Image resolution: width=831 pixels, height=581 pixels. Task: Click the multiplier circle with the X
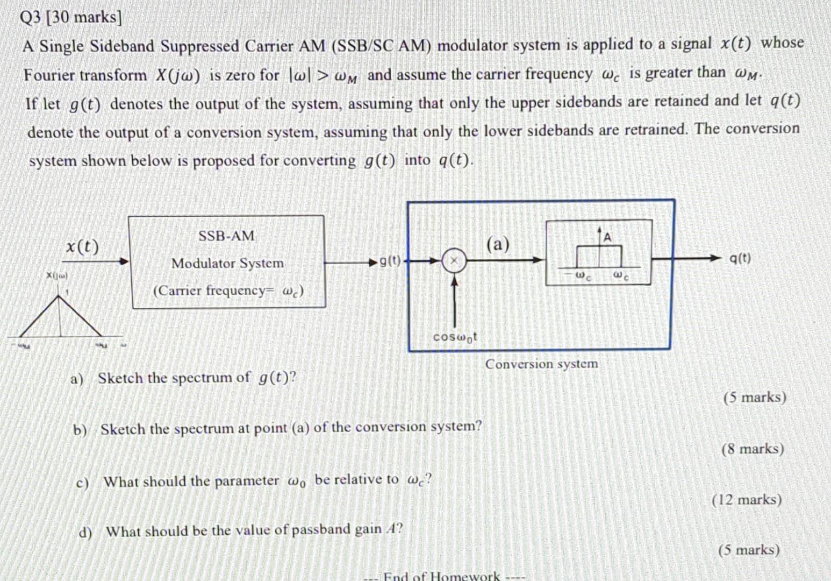pyautogui.click(x=454, y=261)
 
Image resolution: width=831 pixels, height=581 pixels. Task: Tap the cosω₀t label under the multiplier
pyautogui.click(x=455, y=337)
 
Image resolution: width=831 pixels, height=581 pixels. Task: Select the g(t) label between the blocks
pyautogui.click(x=390, y=261)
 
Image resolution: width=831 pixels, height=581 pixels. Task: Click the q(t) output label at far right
pyautogui.click(x=740, y=258)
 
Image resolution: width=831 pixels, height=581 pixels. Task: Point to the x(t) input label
pyautogui.click(x=82, y=246)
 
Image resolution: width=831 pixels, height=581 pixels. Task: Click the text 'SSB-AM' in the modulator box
pyautogui.click(x=227, y=236)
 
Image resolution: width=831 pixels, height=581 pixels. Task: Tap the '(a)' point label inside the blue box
pyautogui.click(x=498, y=244)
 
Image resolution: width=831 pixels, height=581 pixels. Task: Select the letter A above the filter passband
pyautogui.click(x=607, y=237)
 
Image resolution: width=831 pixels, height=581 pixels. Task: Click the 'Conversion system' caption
pyautogui.click(x=541, y=364)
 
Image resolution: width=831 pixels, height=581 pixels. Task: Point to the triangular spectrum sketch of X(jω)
pyautogui.click(x=60, y=317)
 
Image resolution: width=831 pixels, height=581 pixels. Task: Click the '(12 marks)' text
pyautogui.click(x=747, y=500)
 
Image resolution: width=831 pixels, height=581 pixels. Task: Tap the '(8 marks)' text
pyautogui.click(x=752, y=449)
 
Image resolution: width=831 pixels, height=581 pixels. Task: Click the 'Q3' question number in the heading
pyautogui.click(x=30, y=18)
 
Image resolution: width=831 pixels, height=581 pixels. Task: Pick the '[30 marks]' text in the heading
pyautogui.click(x=84, y=18)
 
